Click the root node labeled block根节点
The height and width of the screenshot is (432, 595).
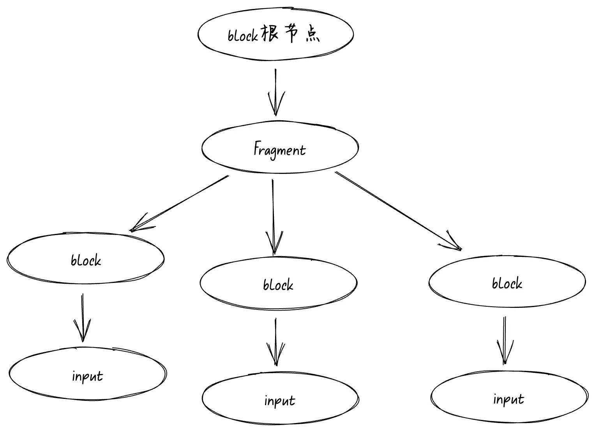tap(275, 34)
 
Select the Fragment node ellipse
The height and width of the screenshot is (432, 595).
tap(280, 148)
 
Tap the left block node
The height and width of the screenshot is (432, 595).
tap(86, 259)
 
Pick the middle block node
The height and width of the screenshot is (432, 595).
tap(278, 283)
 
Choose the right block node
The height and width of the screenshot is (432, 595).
tap(507, 282)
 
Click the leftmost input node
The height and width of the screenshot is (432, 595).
tap(88, 374)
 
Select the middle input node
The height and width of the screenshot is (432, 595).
tap(280, 399)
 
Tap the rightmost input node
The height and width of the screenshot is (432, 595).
tap(509, 398)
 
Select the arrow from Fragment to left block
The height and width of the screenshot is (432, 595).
tap(179, 203)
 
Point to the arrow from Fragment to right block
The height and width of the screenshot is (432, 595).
tap(397, 210)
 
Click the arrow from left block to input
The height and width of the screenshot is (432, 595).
tap(82, 317)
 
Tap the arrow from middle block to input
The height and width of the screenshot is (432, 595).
tap(275, 342)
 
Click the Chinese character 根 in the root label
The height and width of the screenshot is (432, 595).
tap(270, 34)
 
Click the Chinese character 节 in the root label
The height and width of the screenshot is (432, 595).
tap(291, 34)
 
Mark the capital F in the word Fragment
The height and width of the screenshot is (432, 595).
tap(257, 148)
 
